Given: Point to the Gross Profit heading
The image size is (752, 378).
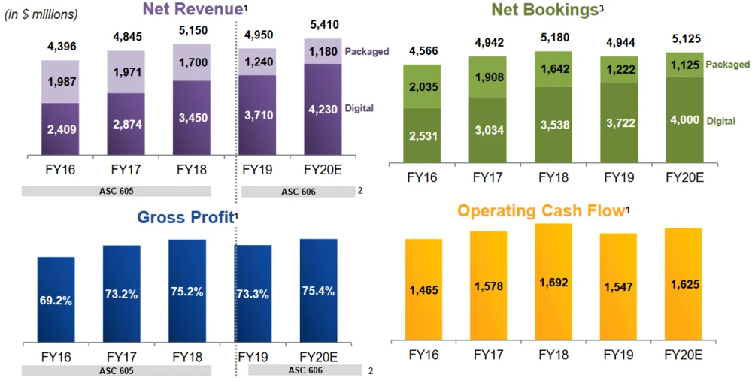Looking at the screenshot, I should click(x=183, y=217).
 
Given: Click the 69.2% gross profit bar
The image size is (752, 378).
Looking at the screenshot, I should click(x=56, y=301).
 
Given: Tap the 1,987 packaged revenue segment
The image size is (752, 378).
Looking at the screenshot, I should click(x=61, y=81).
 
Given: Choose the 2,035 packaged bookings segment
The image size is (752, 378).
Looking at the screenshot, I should click(x=422, y=86).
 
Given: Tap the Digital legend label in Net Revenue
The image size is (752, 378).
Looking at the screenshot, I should click(x=359, y=109).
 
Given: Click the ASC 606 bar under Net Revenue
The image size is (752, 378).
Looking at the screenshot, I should click(x=299, y=192).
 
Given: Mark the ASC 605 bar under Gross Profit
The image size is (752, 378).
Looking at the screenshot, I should click(x=116, y=370).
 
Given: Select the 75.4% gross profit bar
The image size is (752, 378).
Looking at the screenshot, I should click(x=319, y=291).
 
